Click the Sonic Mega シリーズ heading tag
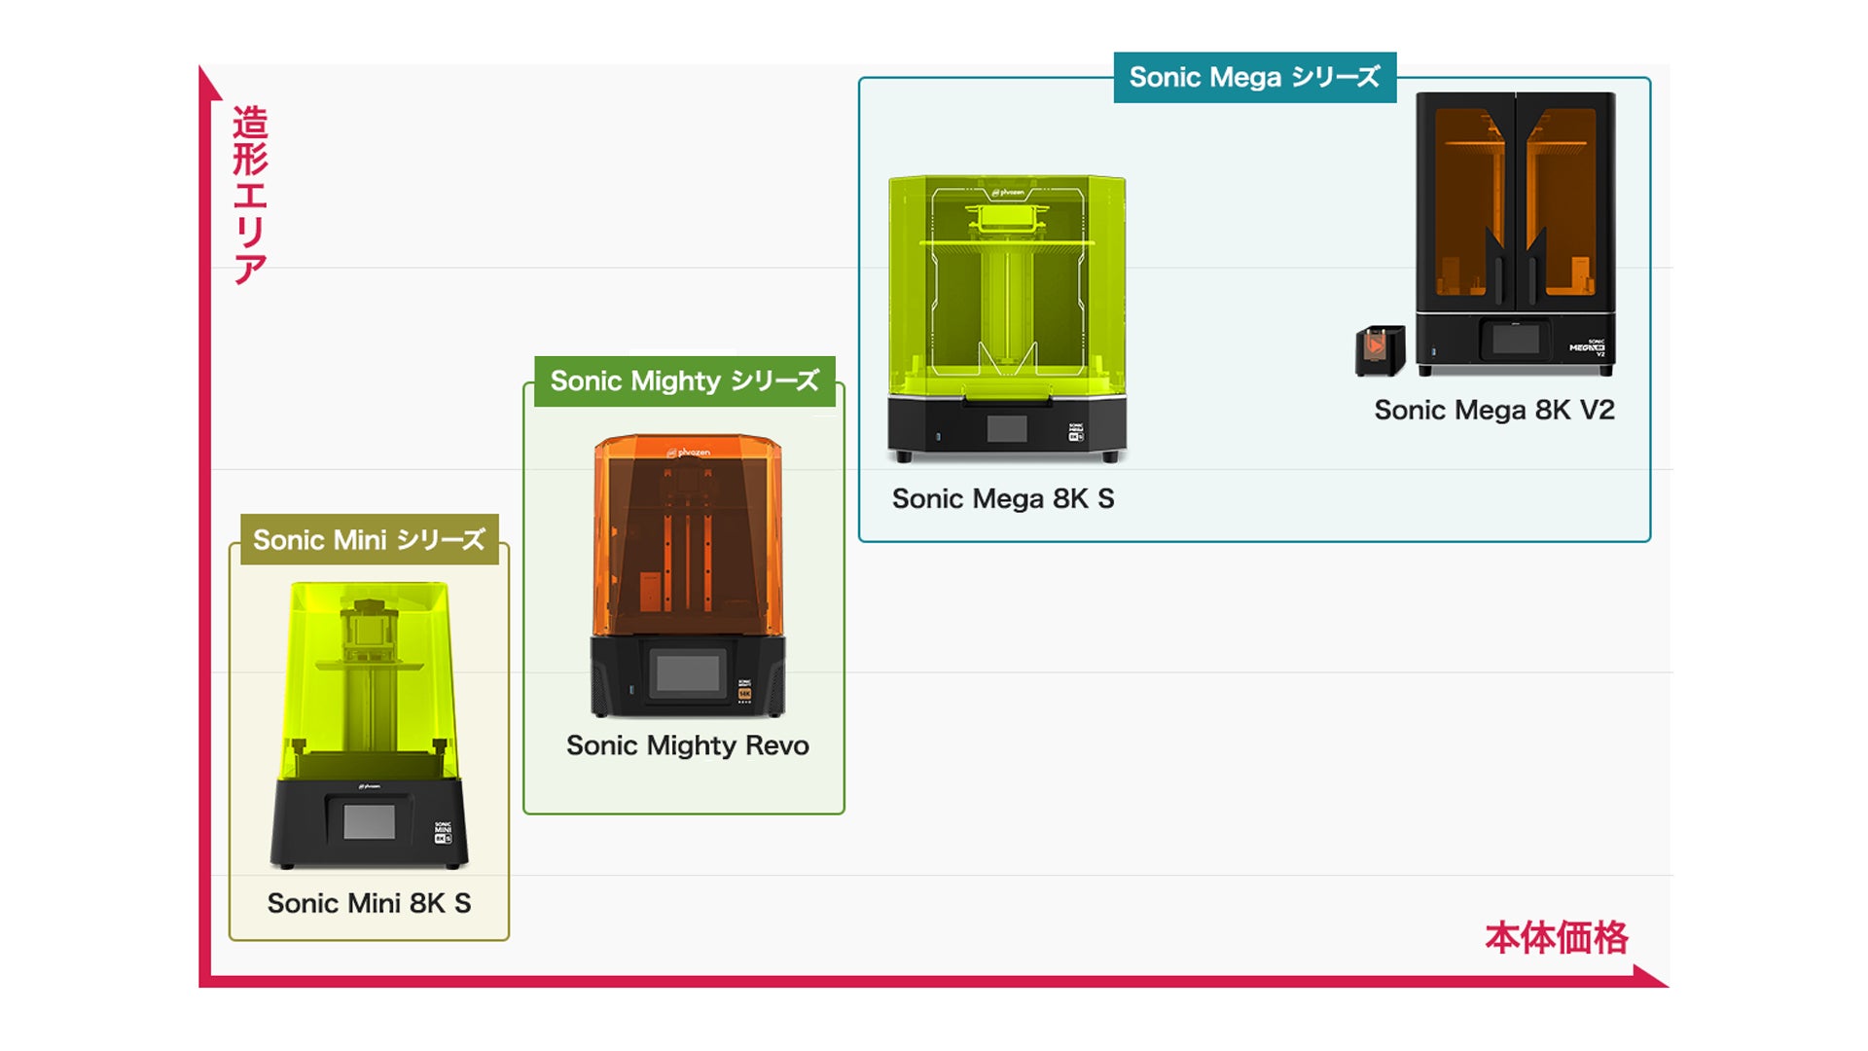coord(1254,78)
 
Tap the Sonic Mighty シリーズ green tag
coord(684,381)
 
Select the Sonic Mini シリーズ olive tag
coord(369,540)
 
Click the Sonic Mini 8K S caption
coord(369,903)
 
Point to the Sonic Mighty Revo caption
coord(687,745)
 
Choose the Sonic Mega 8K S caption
coord(1002,499)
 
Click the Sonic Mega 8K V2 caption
coord(1493,411)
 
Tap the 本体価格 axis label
coord(1556,938)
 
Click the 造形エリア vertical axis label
coord(250,195)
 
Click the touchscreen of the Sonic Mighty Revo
coord(688,672)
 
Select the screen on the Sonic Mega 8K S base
coord(1007,428)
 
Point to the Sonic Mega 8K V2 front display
coord(1516,340)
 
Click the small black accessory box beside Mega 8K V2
coord(1380,350)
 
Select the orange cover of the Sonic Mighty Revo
coord(688,535)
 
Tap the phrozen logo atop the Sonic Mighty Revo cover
coord(689,453)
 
